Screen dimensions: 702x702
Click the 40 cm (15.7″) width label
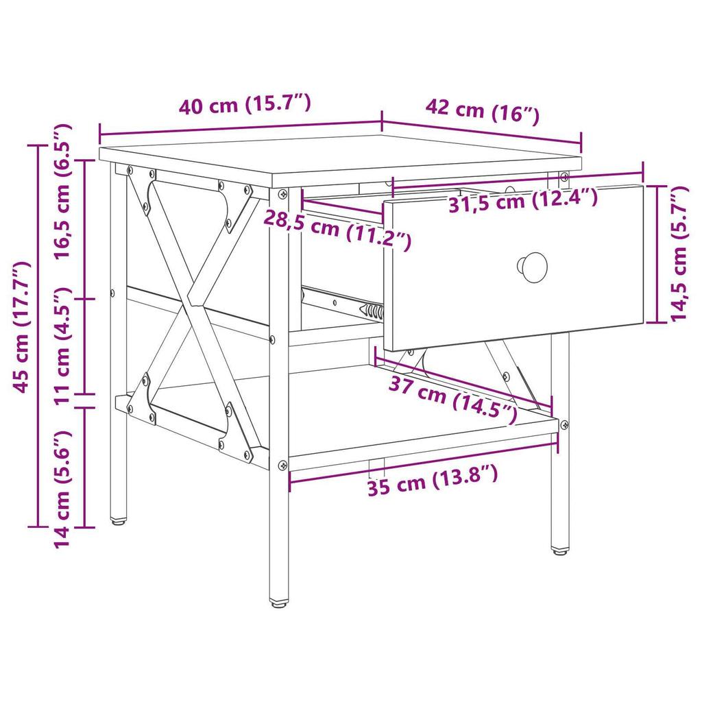tap(245, 106)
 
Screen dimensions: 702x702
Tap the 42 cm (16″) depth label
tap(483, 110)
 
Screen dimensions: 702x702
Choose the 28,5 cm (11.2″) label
tap(337, 229)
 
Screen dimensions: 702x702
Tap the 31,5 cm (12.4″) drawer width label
tap(523, 200)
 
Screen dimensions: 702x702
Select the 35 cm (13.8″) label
tap(431, 479)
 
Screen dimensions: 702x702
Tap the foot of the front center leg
tap(278, 603)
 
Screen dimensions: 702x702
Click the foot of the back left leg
tap(118, 521)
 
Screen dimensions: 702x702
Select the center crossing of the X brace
tap(186, 303)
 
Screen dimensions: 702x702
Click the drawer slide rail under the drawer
tap(343, 302)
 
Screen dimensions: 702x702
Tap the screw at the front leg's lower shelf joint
tap(282, 465)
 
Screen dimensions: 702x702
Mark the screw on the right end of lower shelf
tap(564, 425)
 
